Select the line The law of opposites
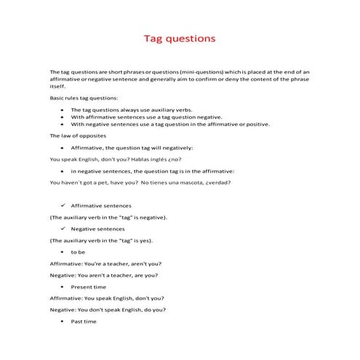(78, 136)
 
